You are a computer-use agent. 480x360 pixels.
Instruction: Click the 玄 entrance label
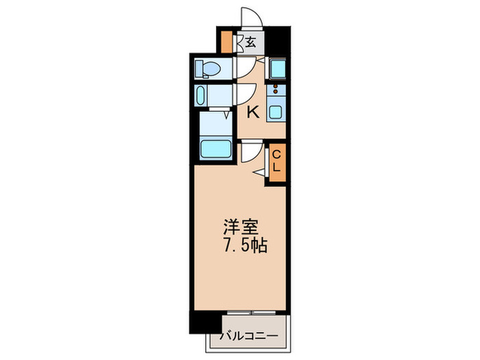tap(251, 43)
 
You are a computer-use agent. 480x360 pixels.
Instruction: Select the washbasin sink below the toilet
tap(202, 95)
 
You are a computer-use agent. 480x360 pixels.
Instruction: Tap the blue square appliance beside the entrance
tap(278, 69)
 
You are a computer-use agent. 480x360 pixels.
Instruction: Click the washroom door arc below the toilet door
tap(245, 93)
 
